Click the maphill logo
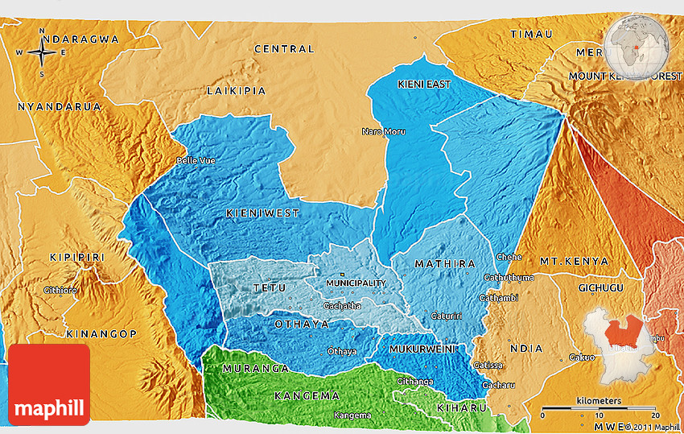point(49,385)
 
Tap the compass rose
point(42,53)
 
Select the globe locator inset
point(637,48)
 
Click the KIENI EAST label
point(424,84)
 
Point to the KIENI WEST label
point(262,213)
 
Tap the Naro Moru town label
point(383,131)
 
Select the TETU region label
point(268,287)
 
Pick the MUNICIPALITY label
point(356,283)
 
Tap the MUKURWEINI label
point(422,349)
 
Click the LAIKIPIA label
point(236,91)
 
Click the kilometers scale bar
point(599,410)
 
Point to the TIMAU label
point(532,34)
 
